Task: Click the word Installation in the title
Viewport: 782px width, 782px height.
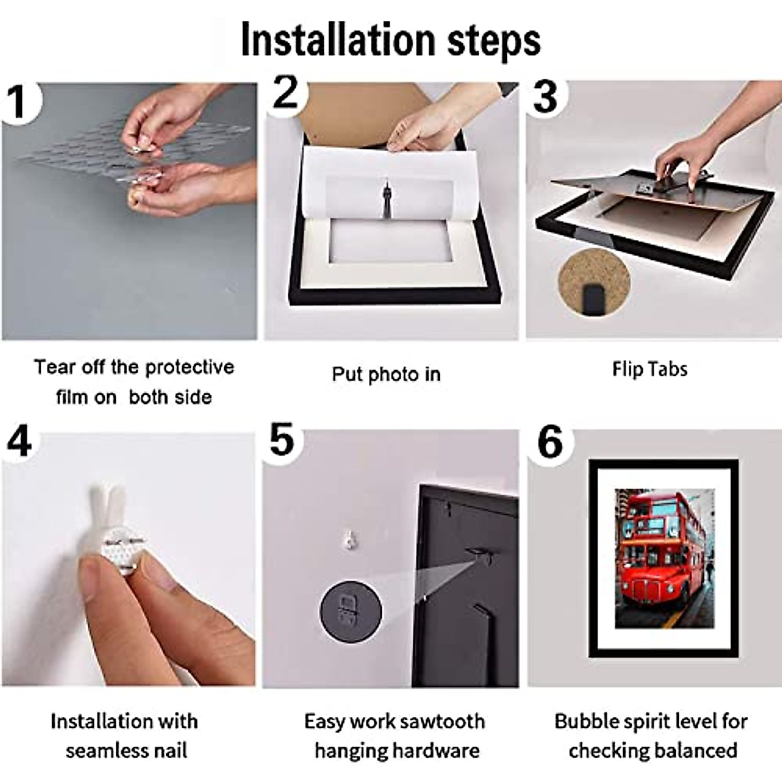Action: coord(338,40)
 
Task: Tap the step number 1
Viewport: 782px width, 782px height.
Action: coord(18,102)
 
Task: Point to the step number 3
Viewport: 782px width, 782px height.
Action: coord(545,97)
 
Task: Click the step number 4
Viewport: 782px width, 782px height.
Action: coord(19,441)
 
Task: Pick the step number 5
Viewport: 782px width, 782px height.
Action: coord(282,439)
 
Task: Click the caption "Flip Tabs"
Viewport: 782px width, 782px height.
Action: coord(650,369)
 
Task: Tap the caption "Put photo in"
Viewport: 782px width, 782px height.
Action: coord(386,374)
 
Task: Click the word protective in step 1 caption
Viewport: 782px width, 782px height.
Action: coord(190,368)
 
